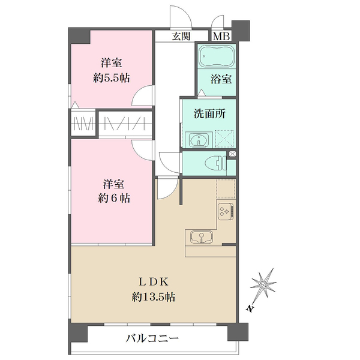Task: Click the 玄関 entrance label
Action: (181, 36)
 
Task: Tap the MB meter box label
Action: (221, 36)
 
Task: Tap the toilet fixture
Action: (213, 162)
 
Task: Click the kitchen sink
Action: (200, 237)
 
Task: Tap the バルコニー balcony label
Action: (152, 338)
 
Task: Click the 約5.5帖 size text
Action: (112, 77)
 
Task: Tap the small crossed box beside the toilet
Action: (233, 154)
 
